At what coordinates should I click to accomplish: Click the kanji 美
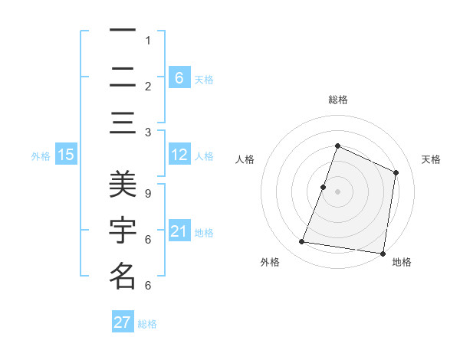122,185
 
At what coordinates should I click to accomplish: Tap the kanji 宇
122,230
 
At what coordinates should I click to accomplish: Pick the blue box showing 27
123,322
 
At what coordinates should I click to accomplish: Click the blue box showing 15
66,155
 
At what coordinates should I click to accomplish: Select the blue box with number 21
179,231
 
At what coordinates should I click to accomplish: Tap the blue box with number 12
179,155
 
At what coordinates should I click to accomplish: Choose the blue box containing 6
179,78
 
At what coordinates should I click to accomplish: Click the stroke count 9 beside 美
147,194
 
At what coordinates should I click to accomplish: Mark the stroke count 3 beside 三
147,133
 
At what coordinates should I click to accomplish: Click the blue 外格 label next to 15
41,156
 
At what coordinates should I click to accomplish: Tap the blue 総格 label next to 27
147,323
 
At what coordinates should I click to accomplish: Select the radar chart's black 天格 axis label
431,159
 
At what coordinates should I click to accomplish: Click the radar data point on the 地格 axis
383,253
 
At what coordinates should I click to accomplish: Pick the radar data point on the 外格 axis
301,242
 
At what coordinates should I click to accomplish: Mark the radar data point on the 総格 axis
337,146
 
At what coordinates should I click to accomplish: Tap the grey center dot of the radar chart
337,191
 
